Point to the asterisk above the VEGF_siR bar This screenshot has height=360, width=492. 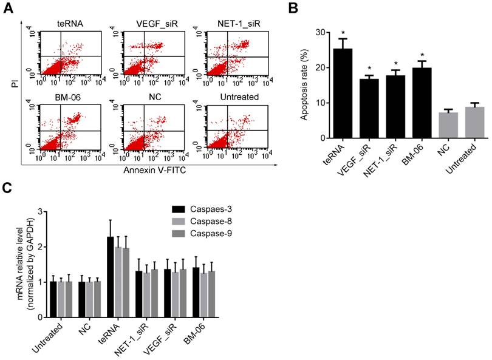click(369, 69)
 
